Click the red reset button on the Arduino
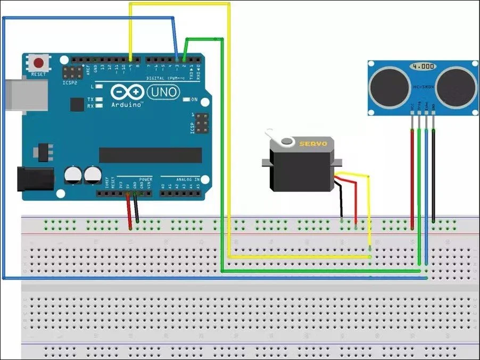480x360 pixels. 38,62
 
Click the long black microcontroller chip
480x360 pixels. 150,155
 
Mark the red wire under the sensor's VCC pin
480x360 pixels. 412,175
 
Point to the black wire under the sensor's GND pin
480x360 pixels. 434,175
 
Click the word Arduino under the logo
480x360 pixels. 127,105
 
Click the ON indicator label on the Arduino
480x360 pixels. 194,99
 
